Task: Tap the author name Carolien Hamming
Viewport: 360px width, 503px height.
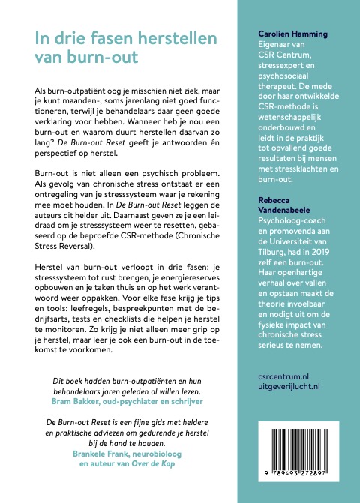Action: click(x=286, y=34)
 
